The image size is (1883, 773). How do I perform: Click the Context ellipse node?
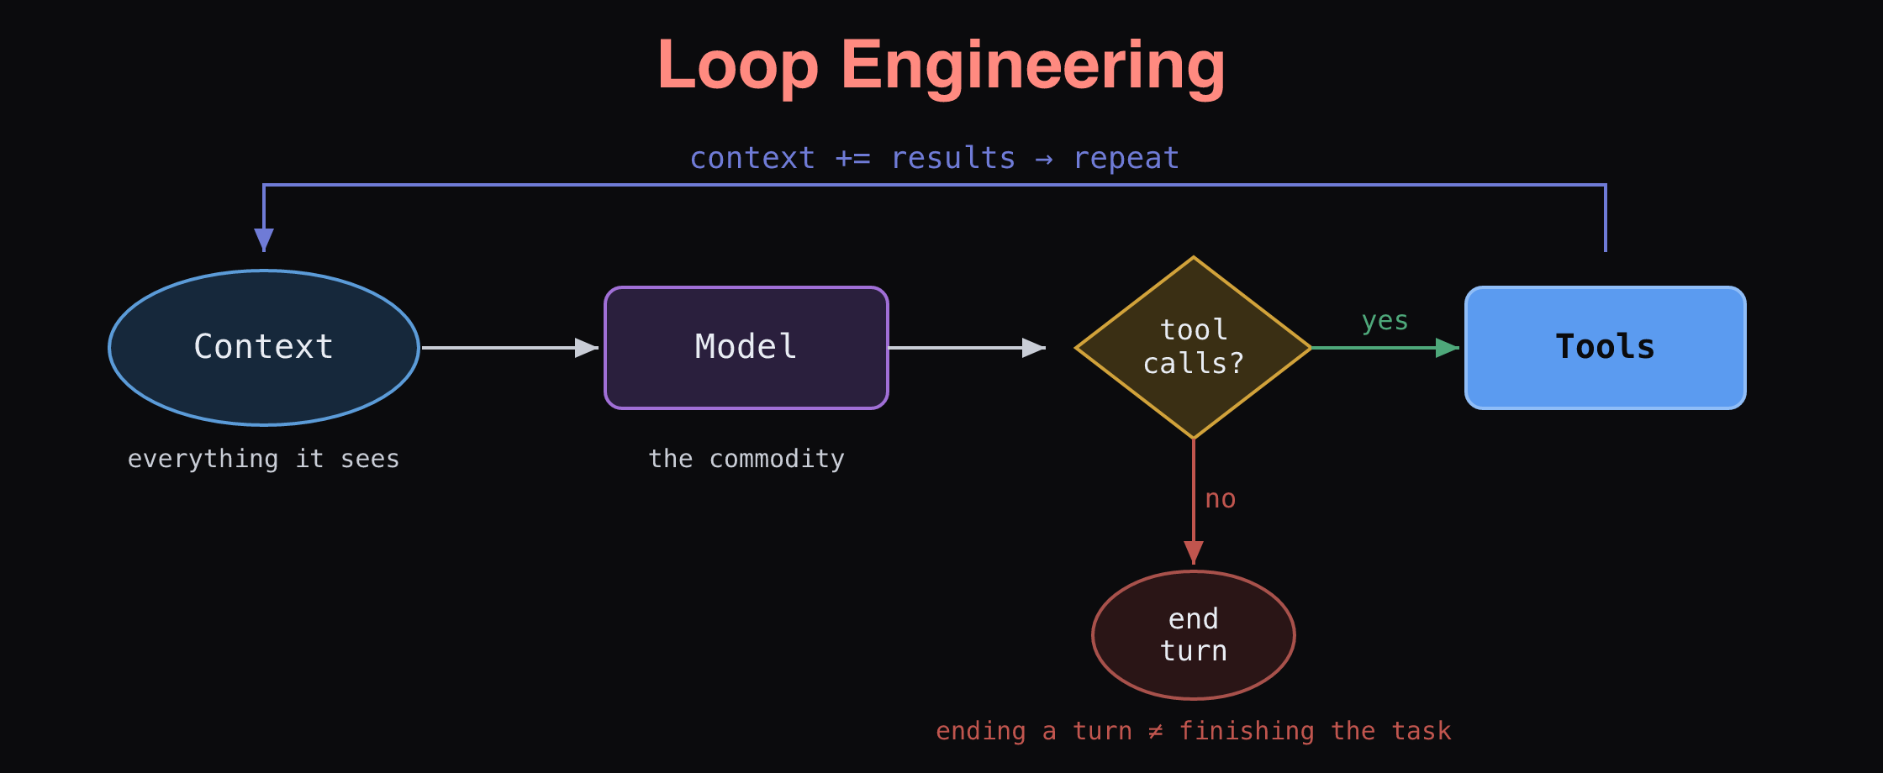tap(264, 347)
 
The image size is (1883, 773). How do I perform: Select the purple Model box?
tap(746, 348)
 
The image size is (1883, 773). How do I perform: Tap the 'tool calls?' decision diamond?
tap(1194, 347)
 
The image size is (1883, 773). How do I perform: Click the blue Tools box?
tap(1606, 348)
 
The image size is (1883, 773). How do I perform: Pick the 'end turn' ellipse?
tap(1194, 635)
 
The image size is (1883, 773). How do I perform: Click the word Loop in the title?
tap(738, 66)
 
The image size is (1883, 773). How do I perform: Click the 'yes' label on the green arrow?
tap(1385, 321)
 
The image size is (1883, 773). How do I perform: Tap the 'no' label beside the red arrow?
tap(1221, 499)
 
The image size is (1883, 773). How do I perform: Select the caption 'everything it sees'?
tap(264, 459)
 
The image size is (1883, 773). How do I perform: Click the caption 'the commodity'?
tap(746, 459)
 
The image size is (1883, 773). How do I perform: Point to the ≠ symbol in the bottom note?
tap(1156, 731)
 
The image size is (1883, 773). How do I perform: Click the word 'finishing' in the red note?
tap(1247, 731)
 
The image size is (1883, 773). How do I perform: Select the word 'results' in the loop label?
tap(953, 158)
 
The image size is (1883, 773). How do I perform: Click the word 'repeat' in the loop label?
tap(1126, 159)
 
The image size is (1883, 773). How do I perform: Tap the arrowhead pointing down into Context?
tap(264, 240)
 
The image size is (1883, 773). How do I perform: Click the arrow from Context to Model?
tap(509, 348)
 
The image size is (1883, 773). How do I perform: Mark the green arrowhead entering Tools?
tap(1448, 348)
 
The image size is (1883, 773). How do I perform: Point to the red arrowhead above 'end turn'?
tap(1194, 553)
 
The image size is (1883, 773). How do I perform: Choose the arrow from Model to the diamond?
tap(967, 348)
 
